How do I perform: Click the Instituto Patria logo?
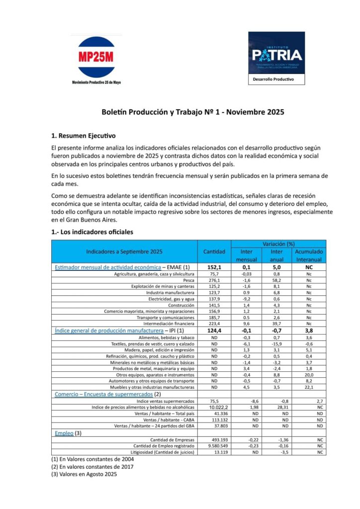pos(276,54)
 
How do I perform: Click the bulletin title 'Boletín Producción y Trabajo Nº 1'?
pos(193,112)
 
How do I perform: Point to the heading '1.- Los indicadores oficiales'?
pos(92,232)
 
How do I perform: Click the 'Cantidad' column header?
pos(214,252)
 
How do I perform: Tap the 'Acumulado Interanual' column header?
pos(309,255)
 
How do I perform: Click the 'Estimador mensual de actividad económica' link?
pos(108,267)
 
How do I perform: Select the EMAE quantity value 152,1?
pos(214,267)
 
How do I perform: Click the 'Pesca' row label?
pos(188,280)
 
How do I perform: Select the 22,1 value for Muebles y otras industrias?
pos(309,387)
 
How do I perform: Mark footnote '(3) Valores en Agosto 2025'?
pos(83,474)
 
